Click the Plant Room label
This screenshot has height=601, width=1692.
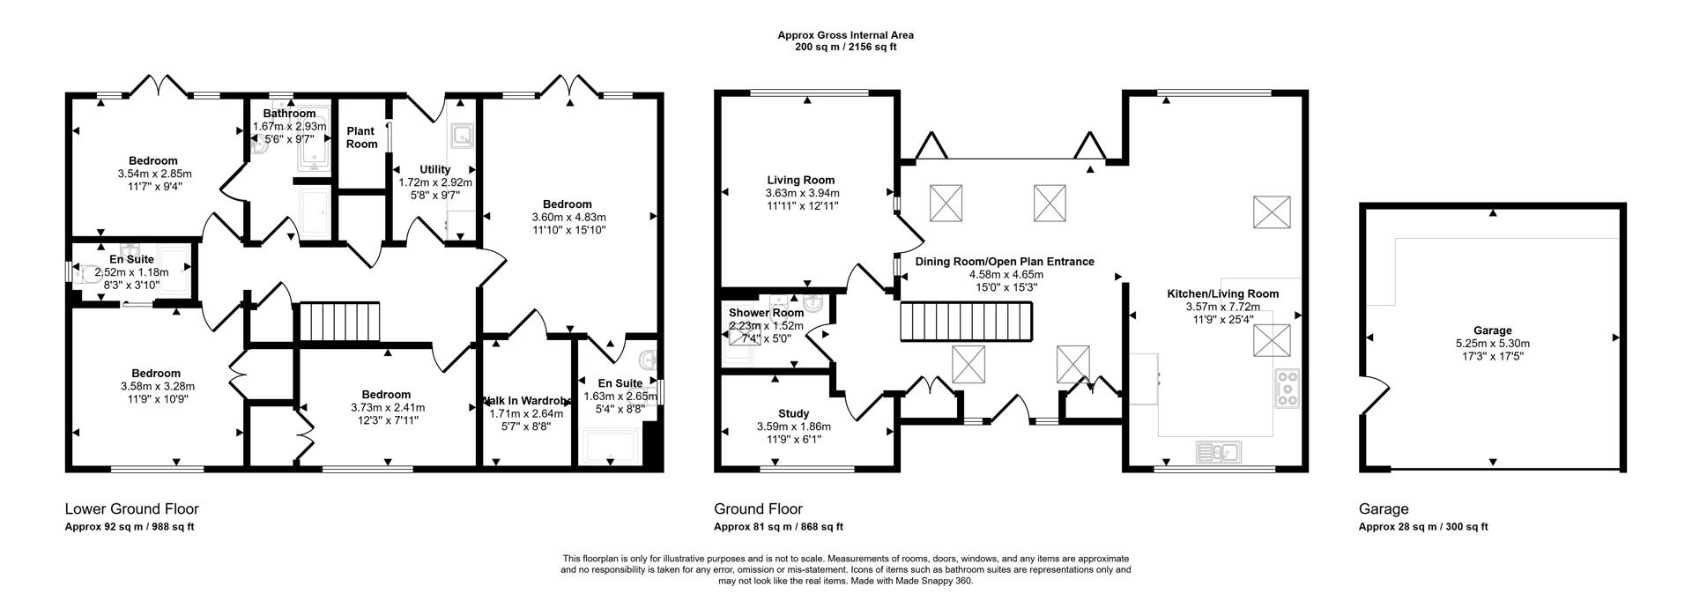(361, 137)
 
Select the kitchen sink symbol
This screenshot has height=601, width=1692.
(1218, 452)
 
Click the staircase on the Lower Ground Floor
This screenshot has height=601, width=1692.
(341, 321)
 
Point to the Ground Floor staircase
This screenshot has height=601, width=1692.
(965, 322)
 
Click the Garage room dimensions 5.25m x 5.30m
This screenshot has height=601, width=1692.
(1492, 344)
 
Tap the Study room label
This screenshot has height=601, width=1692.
(793, 413)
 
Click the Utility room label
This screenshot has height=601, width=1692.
(435, 169)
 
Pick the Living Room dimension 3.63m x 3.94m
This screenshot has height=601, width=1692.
(802, 193)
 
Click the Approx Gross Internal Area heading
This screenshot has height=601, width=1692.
(845, 35)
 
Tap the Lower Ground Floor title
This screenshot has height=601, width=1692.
(132, 509)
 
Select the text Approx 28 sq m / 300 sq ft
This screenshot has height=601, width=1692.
(1423, 527)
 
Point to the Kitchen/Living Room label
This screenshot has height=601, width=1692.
(1222, 293)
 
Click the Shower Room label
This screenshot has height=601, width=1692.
(766, 313)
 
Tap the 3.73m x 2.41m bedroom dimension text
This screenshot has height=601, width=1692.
(386, 407)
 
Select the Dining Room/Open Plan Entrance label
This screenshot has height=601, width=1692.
(1005, 262)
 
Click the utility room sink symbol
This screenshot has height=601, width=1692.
(462, 136)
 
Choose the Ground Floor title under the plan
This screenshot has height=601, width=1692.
(758, 509)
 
